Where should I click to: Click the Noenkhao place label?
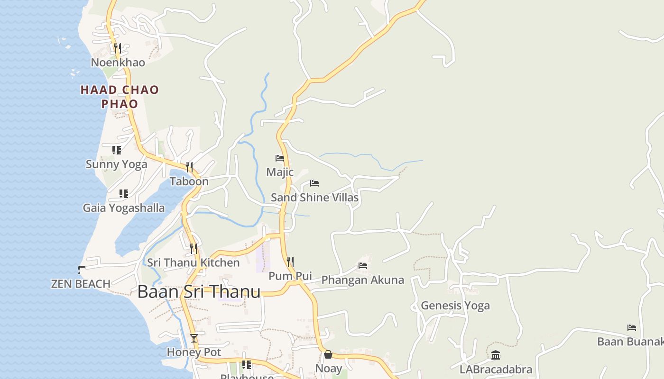click(x=118, y=63)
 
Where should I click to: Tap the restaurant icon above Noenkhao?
click(x=118, y=48)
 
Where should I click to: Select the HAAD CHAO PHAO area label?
click(x=120, y=97)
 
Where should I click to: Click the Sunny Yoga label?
click(x=117, y=164)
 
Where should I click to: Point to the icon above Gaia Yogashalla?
click(x=124, y=194)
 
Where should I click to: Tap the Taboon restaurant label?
click(x=189, y=181)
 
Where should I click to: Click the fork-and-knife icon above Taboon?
click(x=189, y=167)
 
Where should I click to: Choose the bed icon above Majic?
click(x=280, y=158)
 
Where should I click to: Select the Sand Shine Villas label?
click(x=314, y=198)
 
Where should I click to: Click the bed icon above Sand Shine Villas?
click(x=314, y=183)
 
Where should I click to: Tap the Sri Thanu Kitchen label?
click(x=193, y=262)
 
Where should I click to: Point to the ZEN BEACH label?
click(x=81, y=284)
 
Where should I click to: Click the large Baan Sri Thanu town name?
click(x=199, y=291)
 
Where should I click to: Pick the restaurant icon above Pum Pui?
click(x=290, y=261)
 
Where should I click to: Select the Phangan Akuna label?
click(x=363, y=280)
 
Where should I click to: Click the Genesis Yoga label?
click(x=455, y=306)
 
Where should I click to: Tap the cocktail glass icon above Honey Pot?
click(x=194, y=338)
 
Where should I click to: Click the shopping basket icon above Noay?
click(x=328, y=354)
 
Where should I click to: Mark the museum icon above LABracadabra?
click(x=496, y=355)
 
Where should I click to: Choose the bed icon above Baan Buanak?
click(x=631, y=327)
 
